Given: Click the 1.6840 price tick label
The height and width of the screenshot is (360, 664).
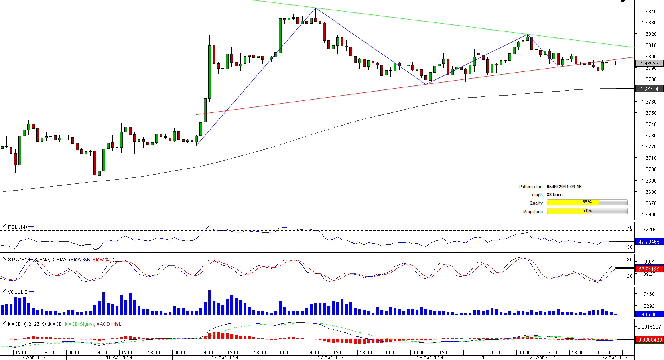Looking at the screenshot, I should pyautogui.click(x=648, y=12).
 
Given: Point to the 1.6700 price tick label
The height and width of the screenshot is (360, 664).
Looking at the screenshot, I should pyautogui.click(x=648, y=169).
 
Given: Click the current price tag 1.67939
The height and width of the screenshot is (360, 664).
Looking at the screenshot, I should pyautogui.click(x=649, y=63).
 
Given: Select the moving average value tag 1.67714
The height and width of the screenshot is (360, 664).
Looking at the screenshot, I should pyautogui.click(x=649, y=89).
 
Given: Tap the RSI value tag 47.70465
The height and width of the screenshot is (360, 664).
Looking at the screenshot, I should pyautogui.click(x=649, y=242).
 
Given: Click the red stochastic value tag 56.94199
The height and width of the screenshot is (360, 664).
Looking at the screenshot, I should pyautogui.click(x=649, y=269).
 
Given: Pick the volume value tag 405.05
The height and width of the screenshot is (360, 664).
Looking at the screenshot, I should pyautogui.click(x=649, y=314).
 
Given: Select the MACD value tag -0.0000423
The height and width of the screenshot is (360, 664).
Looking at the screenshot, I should pyautogui.click(x=649, y=340).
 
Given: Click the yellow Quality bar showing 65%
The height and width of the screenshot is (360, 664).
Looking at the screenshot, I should pyautogui.click(x=573, y=203).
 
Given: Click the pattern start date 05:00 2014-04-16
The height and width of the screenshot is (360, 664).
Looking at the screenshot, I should pyautogui.click(x=564, y=187).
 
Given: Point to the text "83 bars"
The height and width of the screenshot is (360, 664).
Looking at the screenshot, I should pyautogui.click(x=554, y=195).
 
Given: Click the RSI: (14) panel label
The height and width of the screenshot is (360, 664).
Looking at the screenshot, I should pyautogui.click(x=17, y=227).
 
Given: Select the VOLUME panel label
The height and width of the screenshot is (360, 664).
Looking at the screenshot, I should pyautogui.click(x=18, y=292).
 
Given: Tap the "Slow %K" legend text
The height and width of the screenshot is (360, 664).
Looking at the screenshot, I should pyautogui.click(x=80, y=260).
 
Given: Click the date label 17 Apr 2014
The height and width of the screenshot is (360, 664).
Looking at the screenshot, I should pyautogui.click(x=331, y=358).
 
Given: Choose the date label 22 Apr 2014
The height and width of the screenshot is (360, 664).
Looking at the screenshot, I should pyautogui.click(x=615, y=358).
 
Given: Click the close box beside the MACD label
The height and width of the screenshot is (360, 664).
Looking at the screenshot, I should pyautogui.click(x=4, y=323).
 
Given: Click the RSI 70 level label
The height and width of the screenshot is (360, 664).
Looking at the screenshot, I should pyautogui.click(x=629, y=228).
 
